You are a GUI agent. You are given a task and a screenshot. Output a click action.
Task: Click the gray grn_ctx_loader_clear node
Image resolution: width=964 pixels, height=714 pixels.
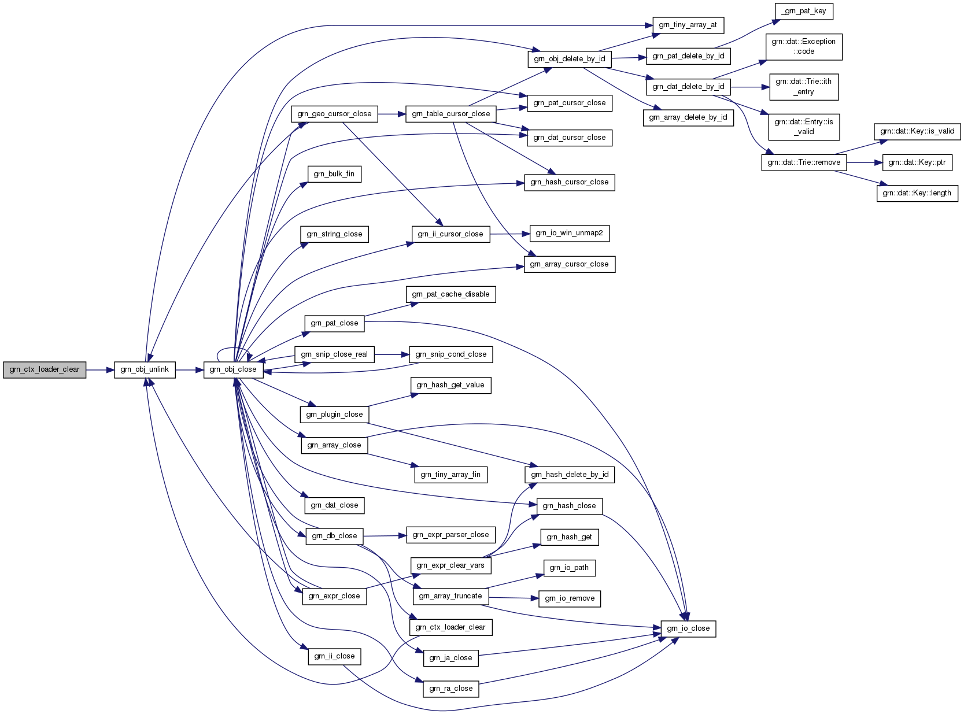click(45, 370)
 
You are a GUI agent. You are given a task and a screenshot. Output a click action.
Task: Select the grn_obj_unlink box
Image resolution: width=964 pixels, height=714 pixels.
click(145, 370)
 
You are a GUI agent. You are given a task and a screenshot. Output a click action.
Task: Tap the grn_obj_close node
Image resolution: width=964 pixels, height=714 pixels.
click(233, 370)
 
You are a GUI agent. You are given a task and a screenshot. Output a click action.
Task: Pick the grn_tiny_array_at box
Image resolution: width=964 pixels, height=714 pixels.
click(688, 25)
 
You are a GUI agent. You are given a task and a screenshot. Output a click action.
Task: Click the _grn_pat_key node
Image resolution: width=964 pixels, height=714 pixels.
click(804, 12)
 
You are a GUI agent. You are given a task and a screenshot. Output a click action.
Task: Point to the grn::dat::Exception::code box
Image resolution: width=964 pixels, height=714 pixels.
click(804, 47)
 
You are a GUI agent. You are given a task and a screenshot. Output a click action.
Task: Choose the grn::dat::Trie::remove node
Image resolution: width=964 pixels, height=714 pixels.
click(804, 162)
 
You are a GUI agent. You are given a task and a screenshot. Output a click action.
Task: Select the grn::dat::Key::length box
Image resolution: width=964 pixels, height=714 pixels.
click(917, 193)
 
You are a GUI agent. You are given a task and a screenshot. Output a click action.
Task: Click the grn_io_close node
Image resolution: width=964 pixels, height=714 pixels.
click(688, 628)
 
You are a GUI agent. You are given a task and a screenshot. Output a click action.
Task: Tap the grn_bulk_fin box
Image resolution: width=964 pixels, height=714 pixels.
click(334, 174)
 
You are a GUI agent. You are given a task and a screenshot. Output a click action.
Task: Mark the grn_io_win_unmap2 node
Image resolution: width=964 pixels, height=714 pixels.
click(570, 234)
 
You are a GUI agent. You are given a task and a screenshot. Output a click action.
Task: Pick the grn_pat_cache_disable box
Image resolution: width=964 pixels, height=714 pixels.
click(450, 294)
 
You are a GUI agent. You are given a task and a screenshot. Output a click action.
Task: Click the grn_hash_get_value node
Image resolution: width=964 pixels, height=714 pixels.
click(450, 386)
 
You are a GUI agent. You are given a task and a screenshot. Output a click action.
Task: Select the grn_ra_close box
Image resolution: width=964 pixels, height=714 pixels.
click(450, 689)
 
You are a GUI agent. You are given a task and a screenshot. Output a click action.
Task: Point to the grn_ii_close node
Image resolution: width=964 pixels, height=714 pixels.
click(334, 656)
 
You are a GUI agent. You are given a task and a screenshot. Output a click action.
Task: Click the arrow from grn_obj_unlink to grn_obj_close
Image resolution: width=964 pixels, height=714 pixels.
click(190, 370)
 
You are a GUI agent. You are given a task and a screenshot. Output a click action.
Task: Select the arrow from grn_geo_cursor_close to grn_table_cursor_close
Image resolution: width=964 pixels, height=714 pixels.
click(391, 114)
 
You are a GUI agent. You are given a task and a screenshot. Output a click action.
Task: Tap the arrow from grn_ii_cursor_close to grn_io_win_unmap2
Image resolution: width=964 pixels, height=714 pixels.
click(510, 234)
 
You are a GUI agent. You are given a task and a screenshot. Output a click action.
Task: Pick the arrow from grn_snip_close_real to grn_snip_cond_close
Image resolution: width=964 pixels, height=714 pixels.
click(391, 354)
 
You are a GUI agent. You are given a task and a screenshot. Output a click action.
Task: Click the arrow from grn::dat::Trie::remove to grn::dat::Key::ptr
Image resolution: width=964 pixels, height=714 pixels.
click(865, 162)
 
